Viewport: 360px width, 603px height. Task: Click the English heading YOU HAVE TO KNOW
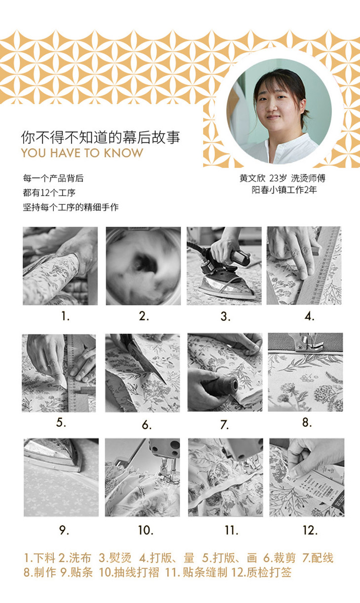[82, 153]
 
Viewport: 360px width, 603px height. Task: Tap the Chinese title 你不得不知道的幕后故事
[101, 137]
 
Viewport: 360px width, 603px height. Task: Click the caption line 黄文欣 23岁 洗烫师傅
[283, 178]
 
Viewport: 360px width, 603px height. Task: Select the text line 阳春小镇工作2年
[284, 190]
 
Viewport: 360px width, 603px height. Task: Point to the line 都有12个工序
[49, 193]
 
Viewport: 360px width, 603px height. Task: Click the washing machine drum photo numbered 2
[143, 266]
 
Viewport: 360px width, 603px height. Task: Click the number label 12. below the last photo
[310, 531]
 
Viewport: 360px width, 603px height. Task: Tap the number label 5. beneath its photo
[61, 423]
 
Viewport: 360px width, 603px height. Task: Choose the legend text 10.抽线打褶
[129, 572]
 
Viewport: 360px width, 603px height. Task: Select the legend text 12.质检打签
[261, 572]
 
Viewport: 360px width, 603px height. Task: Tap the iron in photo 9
[52, 456]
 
